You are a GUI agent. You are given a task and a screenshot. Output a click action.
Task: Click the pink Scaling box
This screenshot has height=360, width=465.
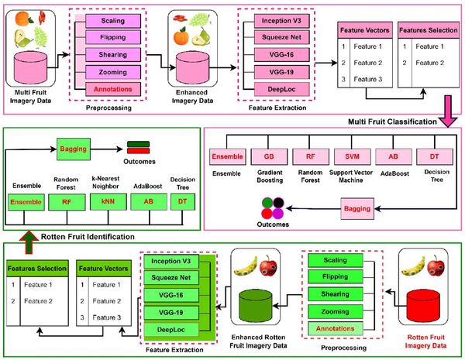[x=113, y=21]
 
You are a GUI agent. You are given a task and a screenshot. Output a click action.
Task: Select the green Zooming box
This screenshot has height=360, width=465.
[x=336, y=311]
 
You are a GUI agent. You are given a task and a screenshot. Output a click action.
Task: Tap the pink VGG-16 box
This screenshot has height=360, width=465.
[x=282, y=55]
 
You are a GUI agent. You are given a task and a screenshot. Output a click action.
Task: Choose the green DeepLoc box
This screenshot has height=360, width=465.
[x=171, y=330]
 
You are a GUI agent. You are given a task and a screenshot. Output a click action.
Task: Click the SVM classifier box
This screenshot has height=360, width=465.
[x=352, y=156]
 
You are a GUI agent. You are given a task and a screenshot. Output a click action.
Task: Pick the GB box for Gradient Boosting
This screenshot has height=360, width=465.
[x=269, y=156]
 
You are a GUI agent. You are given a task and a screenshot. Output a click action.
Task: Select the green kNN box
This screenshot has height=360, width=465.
[x=108, y=202]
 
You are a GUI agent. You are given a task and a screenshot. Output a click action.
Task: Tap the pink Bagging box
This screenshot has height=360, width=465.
[x=357, y=208]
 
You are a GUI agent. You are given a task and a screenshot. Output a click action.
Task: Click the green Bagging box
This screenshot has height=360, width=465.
[x=74, y=149]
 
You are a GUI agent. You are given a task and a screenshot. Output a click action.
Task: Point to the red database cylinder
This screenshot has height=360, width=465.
[x=423, y=304]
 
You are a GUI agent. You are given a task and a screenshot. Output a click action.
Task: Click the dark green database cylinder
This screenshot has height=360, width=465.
[x=256, y=306]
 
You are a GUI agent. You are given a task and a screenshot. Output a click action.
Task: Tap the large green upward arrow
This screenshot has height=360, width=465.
[x=29, y=242]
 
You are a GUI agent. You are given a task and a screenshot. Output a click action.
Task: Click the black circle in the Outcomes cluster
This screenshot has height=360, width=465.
[x=278, y=203]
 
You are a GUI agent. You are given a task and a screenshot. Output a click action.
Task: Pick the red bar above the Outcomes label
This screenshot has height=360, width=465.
[x=138, y=151]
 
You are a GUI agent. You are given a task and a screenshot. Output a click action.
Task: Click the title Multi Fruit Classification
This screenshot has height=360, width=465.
[x=392, y=122]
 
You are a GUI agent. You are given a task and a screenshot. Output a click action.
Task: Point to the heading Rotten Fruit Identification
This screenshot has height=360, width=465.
[x=88, y=237]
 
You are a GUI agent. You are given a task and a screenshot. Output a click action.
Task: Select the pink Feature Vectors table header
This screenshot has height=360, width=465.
[x=365, y=30]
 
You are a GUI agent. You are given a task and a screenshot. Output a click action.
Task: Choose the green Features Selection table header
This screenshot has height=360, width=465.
[x=37, y=269]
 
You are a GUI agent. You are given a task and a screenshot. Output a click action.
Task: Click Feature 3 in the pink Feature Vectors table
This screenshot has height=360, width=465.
[x=367, y=80]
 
